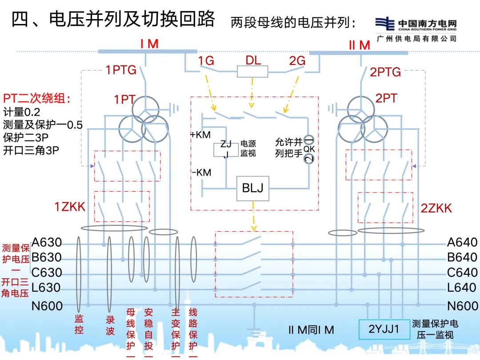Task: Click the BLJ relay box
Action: point(252,188)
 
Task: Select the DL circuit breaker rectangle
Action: point(252,72)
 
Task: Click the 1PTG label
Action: point(121,70)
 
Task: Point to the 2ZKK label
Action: point(436,208)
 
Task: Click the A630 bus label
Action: point(47,243)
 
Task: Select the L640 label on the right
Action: point(462,288)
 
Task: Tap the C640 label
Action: point(462,272)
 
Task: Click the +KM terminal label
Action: point(200,134)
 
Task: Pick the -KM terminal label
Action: point(201,172)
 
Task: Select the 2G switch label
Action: point(297,61)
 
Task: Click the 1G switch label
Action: point(206,61)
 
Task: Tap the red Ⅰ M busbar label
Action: point(149,44)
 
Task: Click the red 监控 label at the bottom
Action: point(79,324)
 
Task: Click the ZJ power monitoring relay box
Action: point(226,150)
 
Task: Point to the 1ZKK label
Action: point(70,206)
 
